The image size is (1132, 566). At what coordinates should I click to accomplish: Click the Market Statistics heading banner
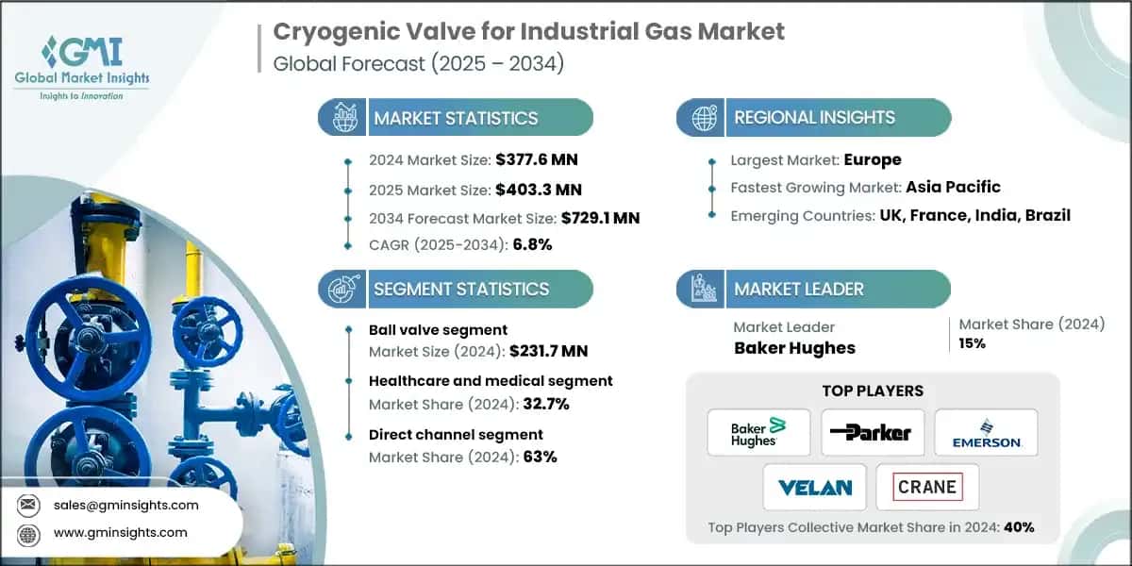point(456,118)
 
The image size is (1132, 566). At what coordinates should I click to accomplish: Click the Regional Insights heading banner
point(814,118)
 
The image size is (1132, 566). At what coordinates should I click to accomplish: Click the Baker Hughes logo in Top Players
point(758,432)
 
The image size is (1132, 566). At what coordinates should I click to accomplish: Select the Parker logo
point(872,432)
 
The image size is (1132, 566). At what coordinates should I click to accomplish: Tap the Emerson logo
point(986,432)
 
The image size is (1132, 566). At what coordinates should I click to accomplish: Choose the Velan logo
point(815,487)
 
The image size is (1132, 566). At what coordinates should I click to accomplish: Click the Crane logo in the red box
point(927,487)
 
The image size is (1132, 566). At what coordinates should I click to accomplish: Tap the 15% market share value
point(973,343)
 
